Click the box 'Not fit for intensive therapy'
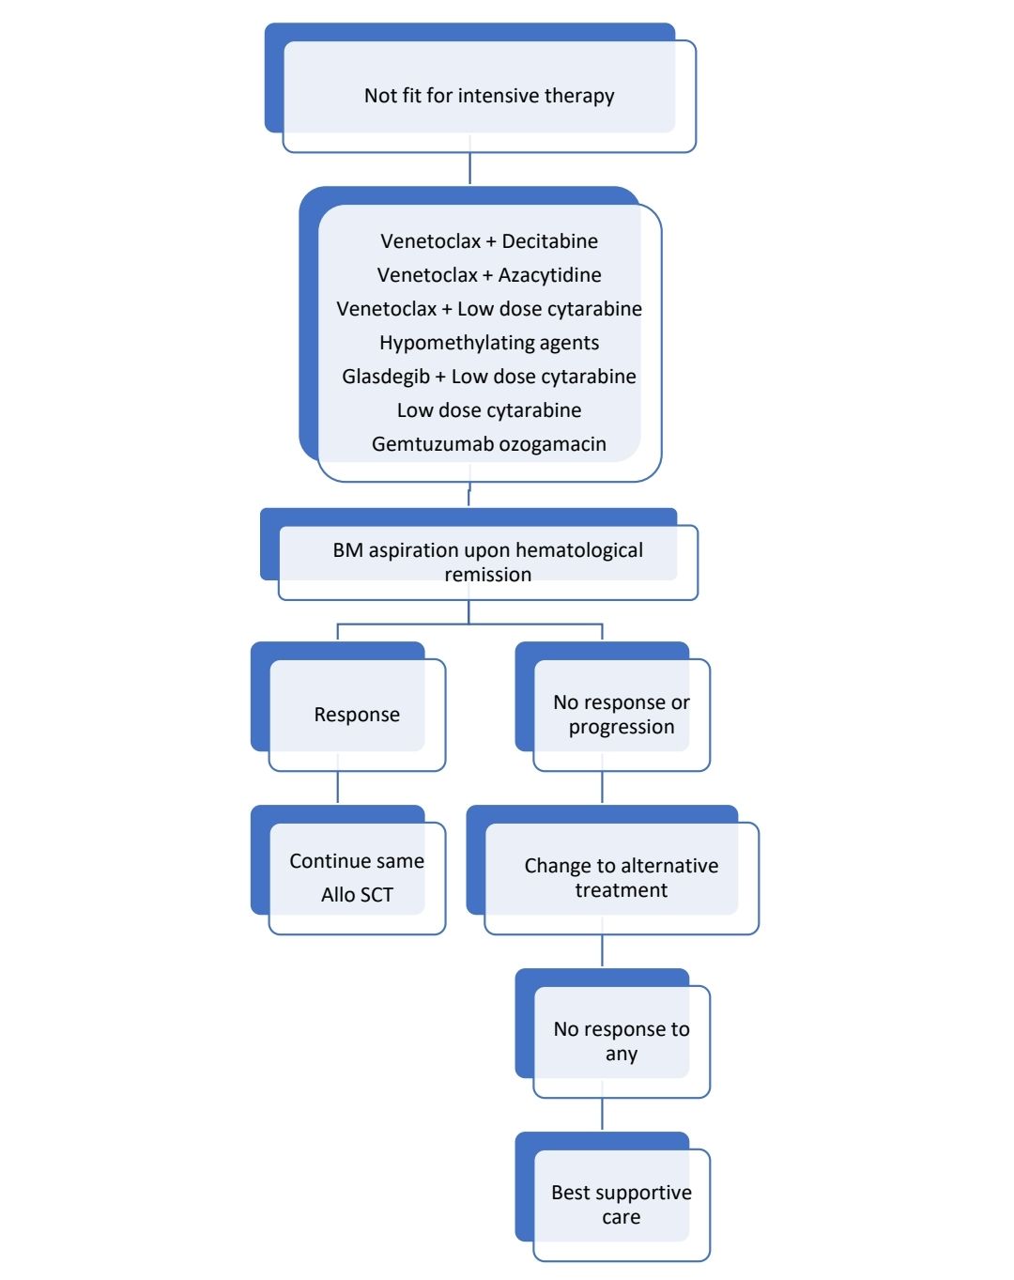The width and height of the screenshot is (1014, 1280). (488, 96)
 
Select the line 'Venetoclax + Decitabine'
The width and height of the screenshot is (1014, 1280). (488, 241)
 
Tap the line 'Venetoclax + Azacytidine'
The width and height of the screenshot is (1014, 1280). (488, 275)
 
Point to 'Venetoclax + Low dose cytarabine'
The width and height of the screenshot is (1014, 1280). (488, 309)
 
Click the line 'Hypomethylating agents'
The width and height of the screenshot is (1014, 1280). (488, 343)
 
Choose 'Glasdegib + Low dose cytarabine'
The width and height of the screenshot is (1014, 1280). (488, 377)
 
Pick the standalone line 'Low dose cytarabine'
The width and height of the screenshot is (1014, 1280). (488, 410)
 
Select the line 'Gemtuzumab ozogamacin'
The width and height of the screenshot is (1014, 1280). (488, 444)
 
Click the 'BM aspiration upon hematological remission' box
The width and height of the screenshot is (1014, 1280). (487, 562)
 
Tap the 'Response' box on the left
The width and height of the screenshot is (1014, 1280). (357, 715)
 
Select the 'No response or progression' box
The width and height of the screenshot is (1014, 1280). (621, 715)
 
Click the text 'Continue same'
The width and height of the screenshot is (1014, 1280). (357, 861)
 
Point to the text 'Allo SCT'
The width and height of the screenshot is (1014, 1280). (357, 895)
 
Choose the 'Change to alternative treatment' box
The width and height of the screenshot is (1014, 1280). (621, 878)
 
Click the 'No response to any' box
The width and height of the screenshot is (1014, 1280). (621, 1041)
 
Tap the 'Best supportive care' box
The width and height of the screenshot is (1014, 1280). (621, 1205)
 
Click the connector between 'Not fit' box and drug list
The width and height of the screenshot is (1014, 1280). (469, 169)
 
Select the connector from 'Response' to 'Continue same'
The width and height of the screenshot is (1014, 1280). (337, 787)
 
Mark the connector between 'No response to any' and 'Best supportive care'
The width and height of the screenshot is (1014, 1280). (602, 1114)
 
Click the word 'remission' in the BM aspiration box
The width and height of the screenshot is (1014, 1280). (487, 575)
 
